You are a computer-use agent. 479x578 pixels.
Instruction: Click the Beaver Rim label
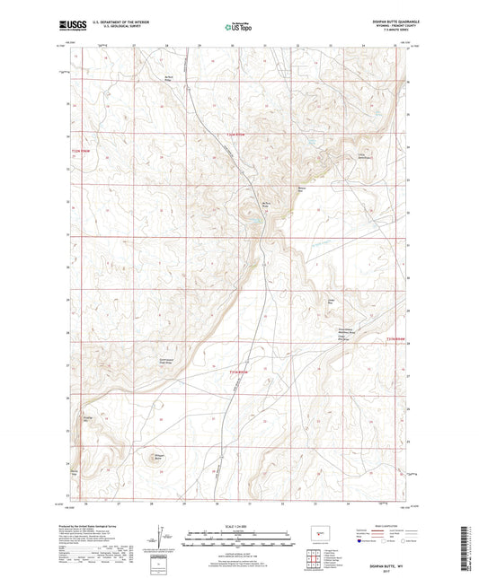pyautogui.click(x=303, y=188)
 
